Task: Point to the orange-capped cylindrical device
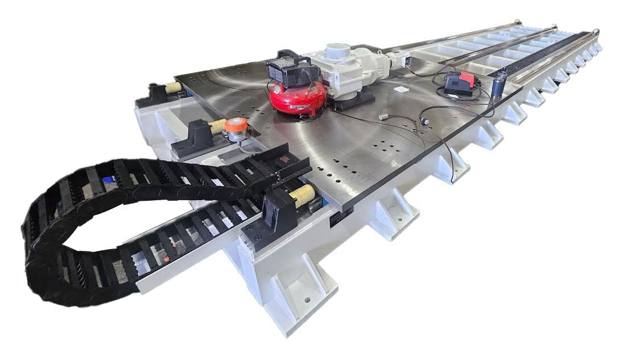pyautogui.click(x=236, y=129)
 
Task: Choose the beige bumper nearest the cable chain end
pyautogui.click(x=302, y=195)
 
